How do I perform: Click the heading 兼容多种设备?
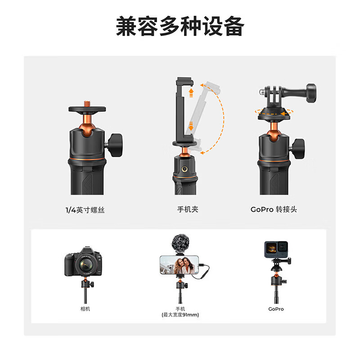tap(180, 27)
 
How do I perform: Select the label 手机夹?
tap(188, 210)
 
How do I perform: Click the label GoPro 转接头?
tap(274, 210)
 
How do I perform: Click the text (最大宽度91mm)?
tap(180, 315)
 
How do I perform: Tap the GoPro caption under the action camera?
tap(276, 309)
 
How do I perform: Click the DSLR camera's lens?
tap(84, 265)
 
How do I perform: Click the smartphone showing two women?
tap(180, 265)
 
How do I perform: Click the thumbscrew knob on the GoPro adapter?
tap(314, 92)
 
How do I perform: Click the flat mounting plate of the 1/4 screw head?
tap(89, 109)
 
